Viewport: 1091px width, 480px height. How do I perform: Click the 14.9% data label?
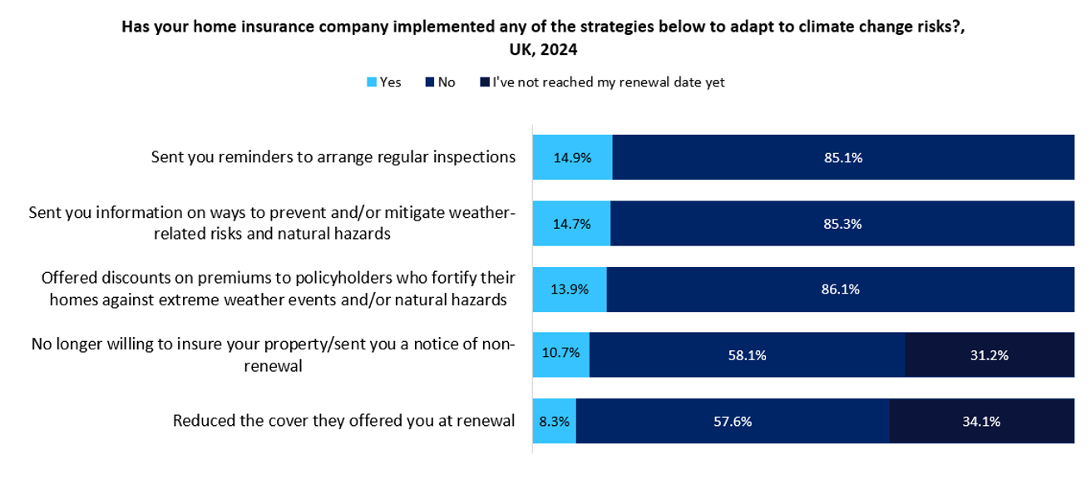click(572, 157)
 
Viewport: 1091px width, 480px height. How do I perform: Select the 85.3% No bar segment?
click(842, 223)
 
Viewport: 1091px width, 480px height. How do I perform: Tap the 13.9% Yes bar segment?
click(570, 289)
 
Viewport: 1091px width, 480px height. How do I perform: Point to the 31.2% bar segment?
click(989, 355)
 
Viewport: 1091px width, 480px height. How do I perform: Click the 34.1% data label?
click(981, 421)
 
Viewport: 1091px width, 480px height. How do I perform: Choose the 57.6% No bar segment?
click(733, 421)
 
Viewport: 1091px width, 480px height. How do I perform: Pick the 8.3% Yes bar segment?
click(554, 421)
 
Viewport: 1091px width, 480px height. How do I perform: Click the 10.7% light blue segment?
click(560, 355)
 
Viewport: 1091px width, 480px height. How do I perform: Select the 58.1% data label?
click(747, 355)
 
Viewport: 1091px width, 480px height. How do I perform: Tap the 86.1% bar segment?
click(840, 289)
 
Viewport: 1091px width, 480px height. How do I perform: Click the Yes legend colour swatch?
click(372, 82)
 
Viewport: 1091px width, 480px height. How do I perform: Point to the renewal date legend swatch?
click(484, 82)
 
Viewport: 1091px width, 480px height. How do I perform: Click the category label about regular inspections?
click(333, 156)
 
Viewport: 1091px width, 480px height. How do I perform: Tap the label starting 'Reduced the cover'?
click(343, 421)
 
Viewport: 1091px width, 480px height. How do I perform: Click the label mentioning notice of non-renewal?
click(273, 354)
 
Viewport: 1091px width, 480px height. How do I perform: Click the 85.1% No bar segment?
click(843, 157)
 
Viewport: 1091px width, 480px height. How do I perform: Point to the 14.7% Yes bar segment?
click(571, 223)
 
